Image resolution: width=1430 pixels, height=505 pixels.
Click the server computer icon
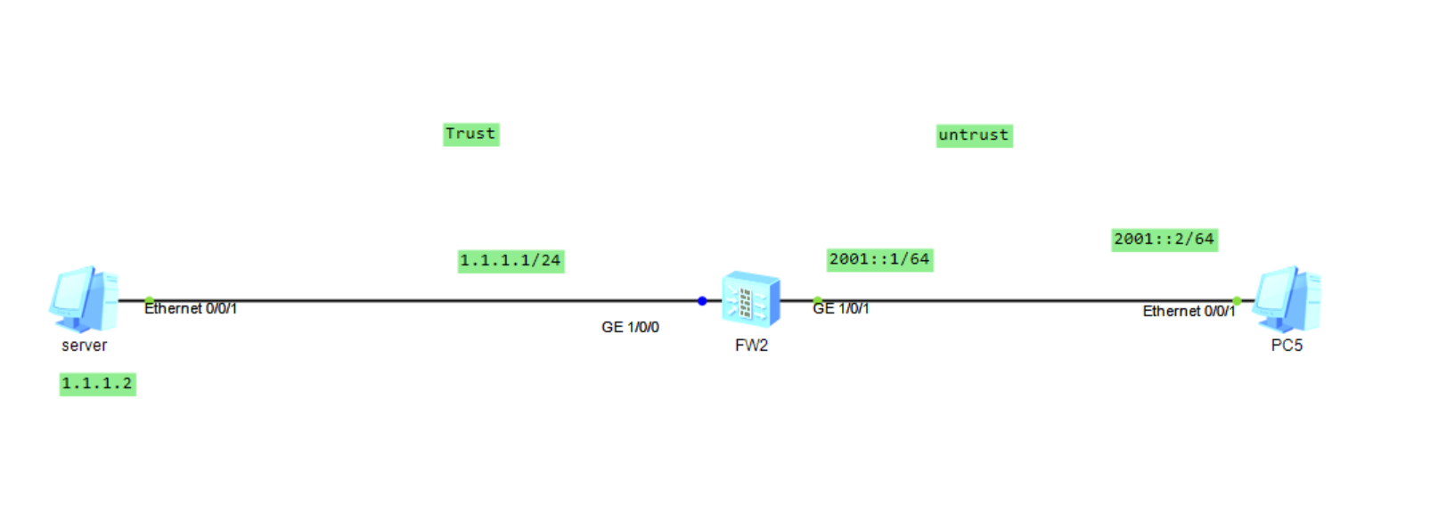(83, 299)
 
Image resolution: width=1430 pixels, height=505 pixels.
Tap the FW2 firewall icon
(750, 300)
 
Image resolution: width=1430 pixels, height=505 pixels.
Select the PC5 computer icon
(1286, 299)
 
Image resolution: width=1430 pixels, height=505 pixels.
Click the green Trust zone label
(470, 134)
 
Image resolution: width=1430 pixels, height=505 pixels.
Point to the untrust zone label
(974, 135)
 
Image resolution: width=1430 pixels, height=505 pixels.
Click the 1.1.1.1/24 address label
(511, 261)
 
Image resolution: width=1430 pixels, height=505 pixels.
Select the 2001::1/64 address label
(879, 259)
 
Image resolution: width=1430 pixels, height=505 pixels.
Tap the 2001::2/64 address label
(1164, 240)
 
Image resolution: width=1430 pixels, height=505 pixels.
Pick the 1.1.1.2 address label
(97, 384)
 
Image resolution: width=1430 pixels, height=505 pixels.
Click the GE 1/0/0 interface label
(630, 328)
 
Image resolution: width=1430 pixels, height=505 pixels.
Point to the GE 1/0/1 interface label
(841, 309)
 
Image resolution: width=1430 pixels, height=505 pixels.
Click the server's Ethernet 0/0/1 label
(191, 309)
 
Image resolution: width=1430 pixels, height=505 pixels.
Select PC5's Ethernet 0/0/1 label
(1189, 312)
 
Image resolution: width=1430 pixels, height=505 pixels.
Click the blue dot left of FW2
(702, 301)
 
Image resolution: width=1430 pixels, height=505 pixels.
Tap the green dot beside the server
(149, 301)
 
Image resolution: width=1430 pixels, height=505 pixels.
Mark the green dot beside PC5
(1237, 301)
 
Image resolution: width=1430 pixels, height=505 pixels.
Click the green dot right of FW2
(817, 301)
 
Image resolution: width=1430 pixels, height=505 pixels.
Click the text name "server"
(84, 346)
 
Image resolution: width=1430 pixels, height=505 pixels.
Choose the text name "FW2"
(751, 346)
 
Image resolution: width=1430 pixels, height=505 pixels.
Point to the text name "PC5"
(1287, 346)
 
